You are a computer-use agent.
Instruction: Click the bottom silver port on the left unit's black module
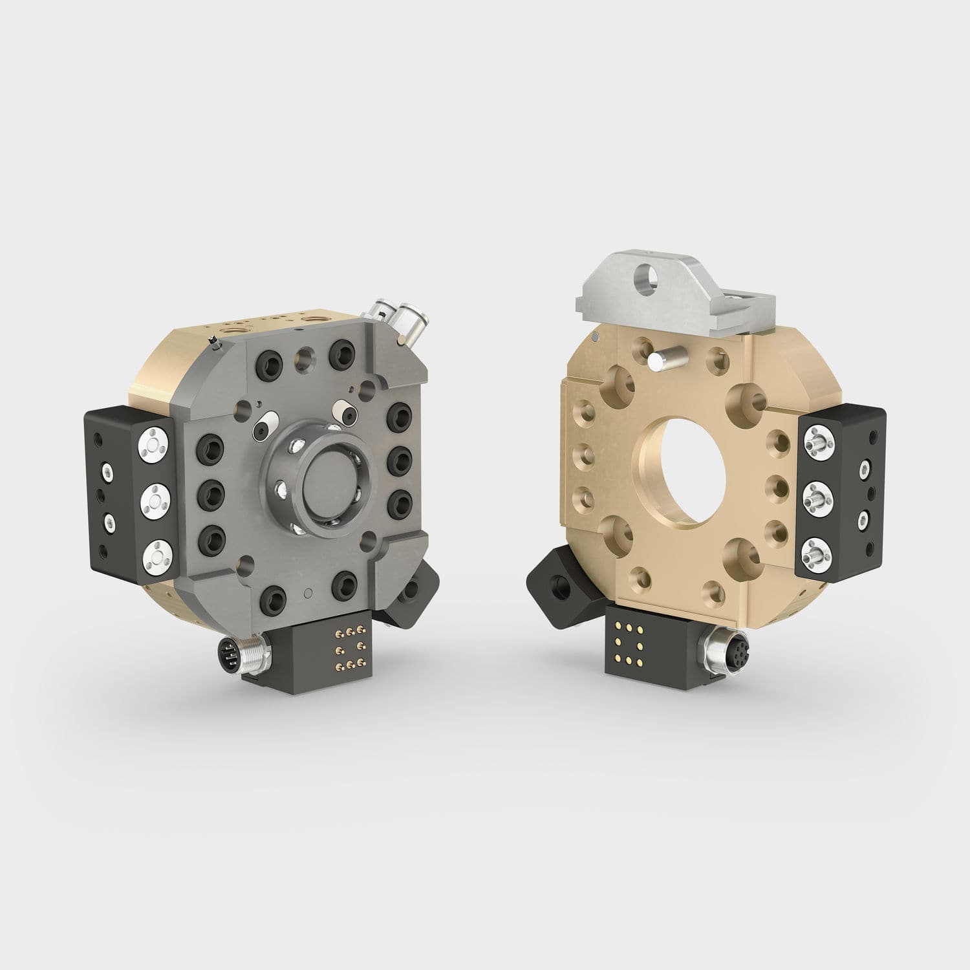[155, 554]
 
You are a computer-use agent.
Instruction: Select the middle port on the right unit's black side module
[817, 499]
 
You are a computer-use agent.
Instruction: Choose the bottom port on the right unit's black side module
[817, 555]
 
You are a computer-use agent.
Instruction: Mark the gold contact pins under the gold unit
[625, 643]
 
